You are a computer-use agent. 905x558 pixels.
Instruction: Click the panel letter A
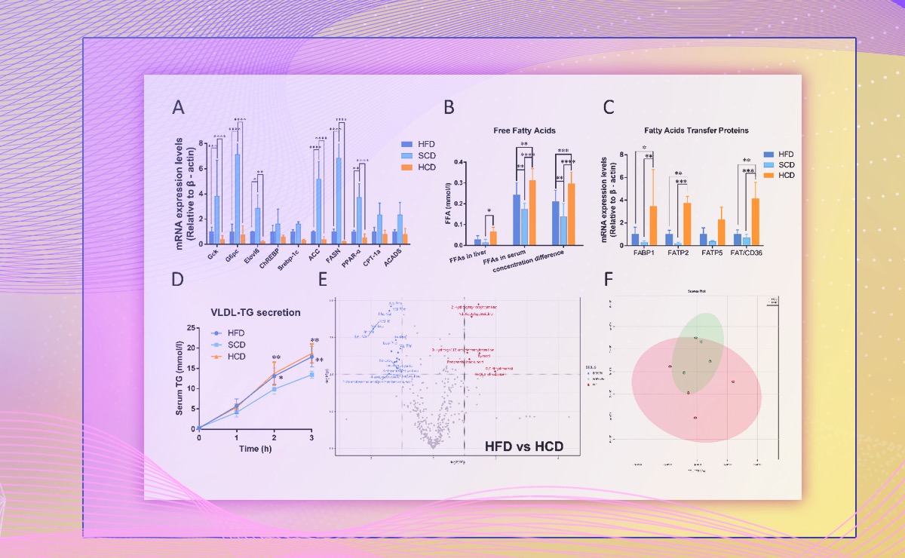178,107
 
